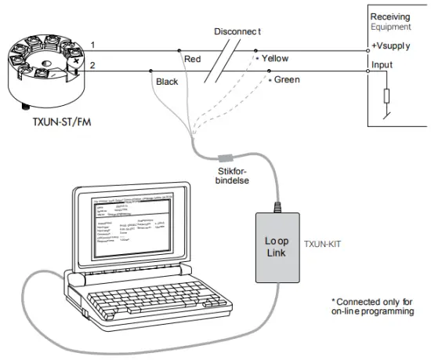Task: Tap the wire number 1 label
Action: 93,45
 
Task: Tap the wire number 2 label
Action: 93,66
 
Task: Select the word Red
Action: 192,60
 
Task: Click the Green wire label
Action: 287,80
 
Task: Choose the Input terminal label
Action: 382,66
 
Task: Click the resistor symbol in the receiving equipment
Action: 386,96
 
